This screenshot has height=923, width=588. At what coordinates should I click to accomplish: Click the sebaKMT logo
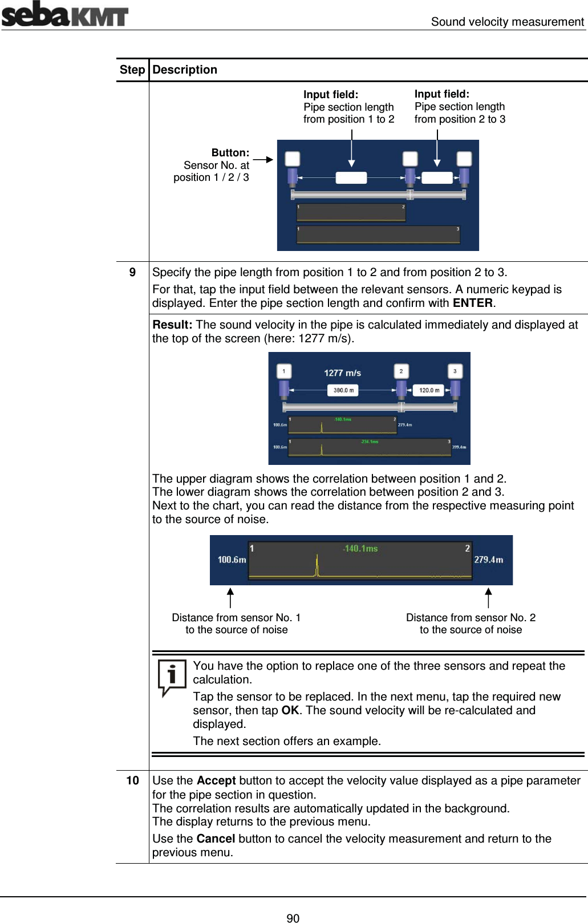click(x=64, y=14)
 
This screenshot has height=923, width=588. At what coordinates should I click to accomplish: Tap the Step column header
click(x=132, y=70)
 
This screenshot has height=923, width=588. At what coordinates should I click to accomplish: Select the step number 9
click(x=132, y=272)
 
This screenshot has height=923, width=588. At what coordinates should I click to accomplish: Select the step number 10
click(x=132, y=780)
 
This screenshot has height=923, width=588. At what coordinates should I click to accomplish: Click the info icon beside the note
click(x=171, y=677)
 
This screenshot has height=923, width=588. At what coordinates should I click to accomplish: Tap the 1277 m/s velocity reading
click(x=342, y=373)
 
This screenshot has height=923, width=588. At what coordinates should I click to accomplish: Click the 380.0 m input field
click(x=343, y=390)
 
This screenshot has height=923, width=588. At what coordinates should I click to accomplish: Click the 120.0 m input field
click(x=429, y=390)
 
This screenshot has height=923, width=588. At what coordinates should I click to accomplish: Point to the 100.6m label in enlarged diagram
click(x=232, y=560)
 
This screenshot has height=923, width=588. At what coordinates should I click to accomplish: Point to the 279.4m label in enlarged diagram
click(x=489, y=560)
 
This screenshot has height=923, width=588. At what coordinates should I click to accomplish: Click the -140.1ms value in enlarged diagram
click(x=360, y=548)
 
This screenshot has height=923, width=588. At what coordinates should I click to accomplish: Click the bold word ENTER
click(x=472, y=303)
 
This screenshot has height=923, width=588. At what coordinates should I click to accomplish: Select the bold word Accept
click(x=216, y=780)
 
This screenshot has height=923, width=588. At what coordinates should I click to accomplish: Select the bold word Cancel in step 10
click(x=216, y=839)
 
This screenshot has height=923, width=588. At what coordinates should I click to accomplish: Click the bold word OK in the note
click(x=290, y=710)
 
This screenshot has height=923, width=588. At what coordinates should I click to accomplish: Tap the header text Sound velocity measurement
click(x=507, y=22)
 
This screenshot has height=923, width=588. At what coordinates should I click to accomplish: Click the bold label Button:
click(x=230, y=152)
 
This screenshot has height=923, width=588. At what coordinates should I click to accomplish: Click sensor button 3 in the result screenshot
click(x=455, y=371)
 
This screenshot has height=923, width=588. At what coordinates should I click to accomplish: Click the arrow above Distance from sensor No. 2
click(x=488, y=598)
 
